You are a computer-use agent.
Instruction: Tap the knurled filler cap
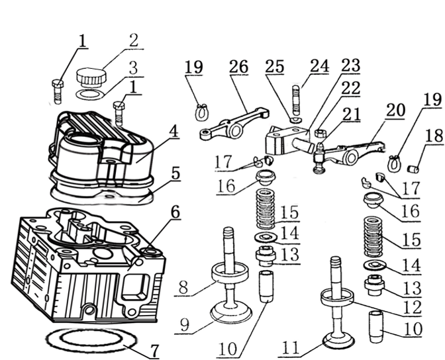click(91, 76)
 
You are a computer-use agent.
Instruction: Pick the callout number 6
click(175, 212)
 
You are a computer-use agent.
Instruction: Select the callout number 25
click(274, 66)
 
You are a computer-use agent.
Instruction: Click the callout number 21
click(352, 114)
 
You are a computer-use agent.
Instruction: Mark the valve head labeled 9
click(231, 313)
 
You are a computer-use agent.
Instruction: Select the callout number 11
click(291, 347)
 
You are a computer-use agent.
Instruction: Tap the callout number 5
click(175, 173)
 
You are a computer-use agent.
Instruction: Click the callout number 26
click(238, 66)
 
